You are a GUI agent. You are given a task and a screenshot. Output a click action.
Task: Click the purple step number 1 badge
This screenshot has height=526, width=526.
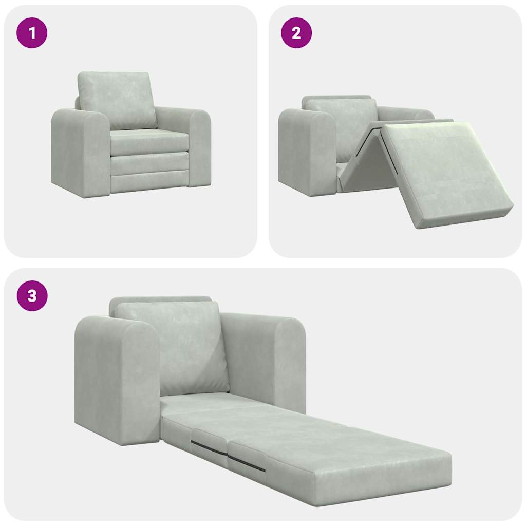[32, 33]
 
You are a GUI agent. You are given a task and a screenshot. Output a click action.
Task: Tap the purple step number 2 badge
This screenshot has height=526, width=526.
[296, 33]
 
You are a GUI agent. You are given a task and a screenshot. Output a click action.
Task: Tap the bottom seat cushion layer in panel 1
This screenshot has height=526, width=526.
[149, 182]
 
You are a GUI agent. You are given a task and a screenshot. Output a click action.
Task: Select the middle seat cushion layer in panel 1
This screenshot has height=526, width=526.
[149, 163]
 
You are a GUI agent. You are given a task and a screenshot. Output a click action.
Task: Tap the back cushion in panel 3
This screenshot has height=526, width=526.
[172, 347]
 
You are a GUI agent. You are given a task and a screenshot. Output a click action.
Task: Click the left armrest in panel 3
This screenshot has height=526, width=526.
[116, 380]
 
